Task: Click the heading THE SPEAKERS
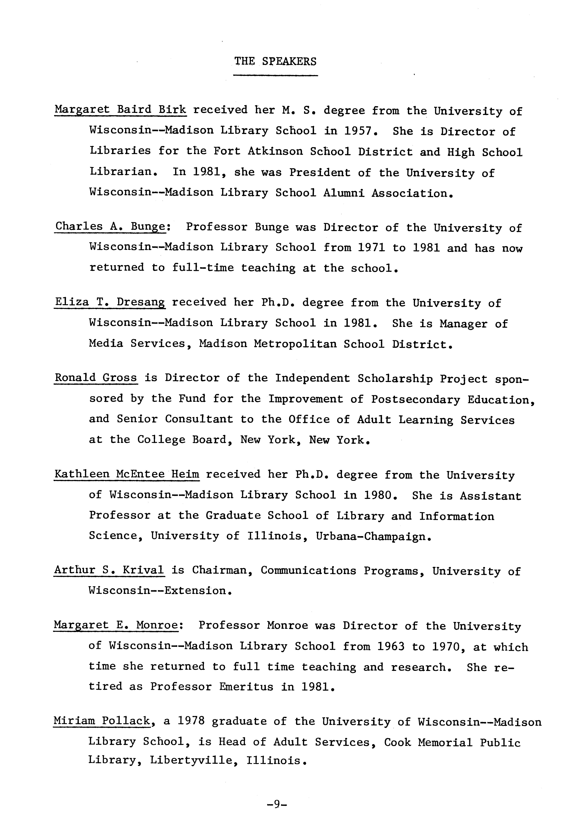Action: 275,61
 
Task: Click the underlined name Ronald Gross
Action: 96,378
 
